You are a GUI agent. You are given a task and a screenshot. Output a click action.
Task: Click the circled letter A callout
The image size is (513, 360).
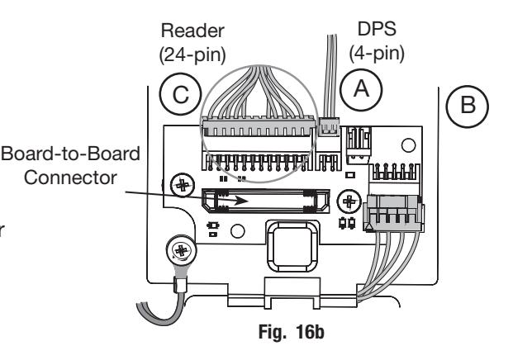(x=361, y=90)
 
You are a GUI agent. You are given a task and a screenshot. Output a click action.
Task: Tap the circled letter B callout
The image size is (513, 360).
(x=468, y=107)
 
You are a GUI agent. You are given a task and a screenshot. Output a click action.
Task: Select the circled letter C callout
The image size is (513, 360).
(x=180, y=94)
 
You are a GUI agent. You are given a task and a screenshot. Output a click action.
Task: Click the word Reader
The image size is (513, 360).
(x=192, y=31)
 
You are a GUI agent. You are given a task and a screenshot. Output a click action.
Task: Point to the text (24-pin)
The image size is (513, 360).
(x=192, y=54)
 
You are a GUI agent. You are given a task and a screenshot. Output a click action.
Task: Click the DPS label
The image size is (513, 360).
(x=377, y=29)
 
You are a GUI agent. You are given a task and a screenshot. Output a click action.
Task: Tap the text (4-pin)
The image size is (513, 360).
(x=377, y=54)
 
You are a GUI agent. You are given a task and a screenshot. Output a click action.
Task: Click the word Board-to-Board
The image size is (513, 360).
(x=71, y=154)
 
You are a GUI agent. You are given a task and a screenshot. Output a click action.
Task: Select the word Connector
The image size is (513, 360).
(x=71, y=178)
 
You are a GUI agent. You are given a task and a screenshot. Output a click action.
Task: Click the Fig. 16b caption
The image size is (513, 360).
(x=291, y=332)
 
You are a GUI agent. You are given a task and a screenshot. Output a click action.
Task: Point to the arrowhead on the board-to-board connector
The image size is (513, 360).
(x=240, y=200)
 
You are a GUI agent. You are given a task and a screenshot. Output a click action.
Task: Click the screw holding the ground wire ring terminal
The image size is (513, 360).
(x=182, y=251)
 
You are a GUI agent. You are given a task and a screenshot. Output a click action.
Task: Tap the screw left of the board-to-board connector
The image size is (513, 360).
(x=183, y=186)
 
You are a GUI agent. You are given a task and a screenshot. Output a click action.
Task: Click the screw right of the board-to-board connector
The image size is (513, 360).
(x=349, y=201)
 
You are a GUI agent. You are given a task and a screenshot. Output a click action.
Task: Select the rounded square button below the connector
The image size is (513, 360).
(x=292, y=246)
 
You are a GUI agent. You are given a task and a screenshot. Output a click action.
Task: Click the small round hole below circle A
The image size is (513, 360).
(x=408, y=145)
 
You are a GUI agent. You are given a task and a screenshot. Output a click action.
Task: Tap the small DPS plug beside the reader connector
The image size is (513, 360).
(x=329, y=126)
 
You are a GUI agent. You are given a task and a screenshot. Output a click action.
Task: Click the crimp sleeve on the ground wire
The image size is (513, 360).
(x=180, y=285)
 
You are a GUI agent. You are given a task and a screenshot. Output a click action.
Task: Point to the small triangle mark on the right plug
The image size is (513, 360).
(x=368, y=227)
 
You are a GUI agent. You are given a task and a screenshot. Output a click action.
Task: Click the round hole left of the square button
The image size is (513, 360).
(x=238, y=231)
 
